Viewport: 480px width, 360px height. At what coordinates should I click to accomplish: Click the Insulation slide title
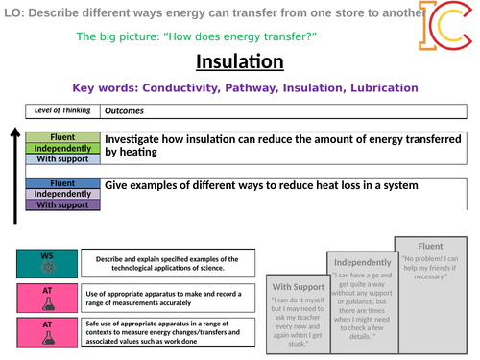pyautogui.click(x=240, y=62)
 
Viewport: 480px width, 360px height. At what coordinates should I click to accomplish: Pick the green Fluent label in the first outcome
pyautogui.click(x=62, y=138)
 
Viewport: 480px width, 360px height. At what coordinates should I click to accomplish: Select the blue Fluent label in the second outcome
pyautogui.click(x=62, y=182)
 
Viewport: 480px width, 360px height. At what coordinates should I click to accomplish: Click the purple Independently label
pyautogui.click(x=62, y=193)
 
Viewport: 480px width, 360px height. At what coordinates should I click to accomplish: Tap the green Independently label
pyautogui.click(x=62, y=149)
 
